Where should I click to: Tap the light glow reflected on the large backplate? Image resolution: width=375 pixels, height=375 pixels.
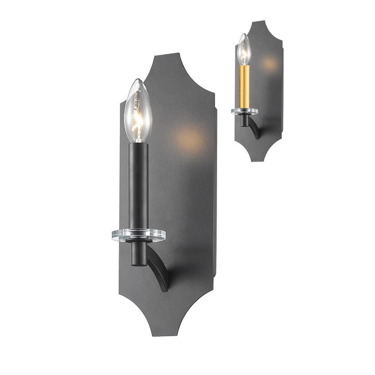click(x=188, y=138)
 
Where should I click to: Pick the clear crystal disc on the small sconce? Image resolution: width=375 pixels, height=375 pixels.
click(x=244, y=111)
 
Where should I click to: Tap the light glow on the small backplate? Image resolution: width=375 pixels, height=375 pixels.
click(x=270, y=62)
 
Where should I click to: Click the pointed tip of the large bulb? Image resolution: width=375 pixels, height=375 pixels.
click(x=138, y=79)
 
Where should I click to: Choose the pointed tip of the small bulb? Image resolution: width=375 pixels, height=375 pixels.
click(x=244, y=34)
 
